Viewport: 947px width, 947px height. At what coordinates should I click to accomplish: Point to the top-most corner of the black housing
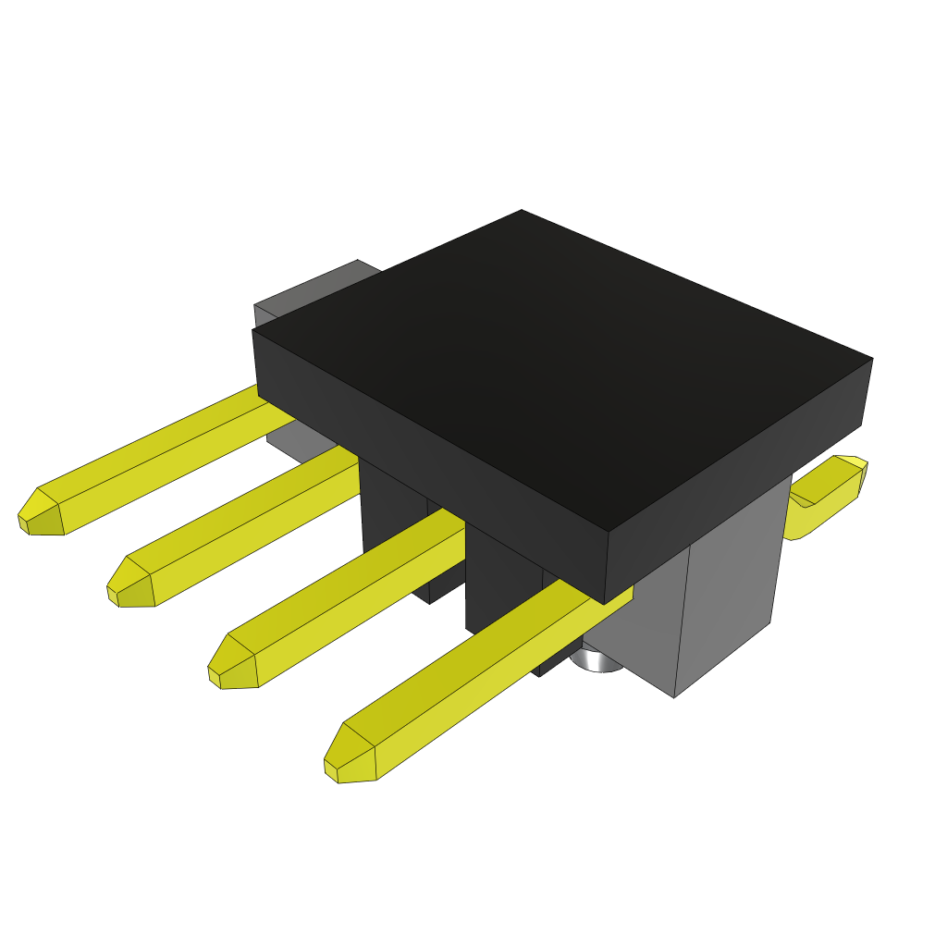coord(522,211)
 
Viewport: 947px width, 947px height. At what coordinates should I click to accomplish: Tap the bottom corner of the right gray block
coord(674,695)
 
